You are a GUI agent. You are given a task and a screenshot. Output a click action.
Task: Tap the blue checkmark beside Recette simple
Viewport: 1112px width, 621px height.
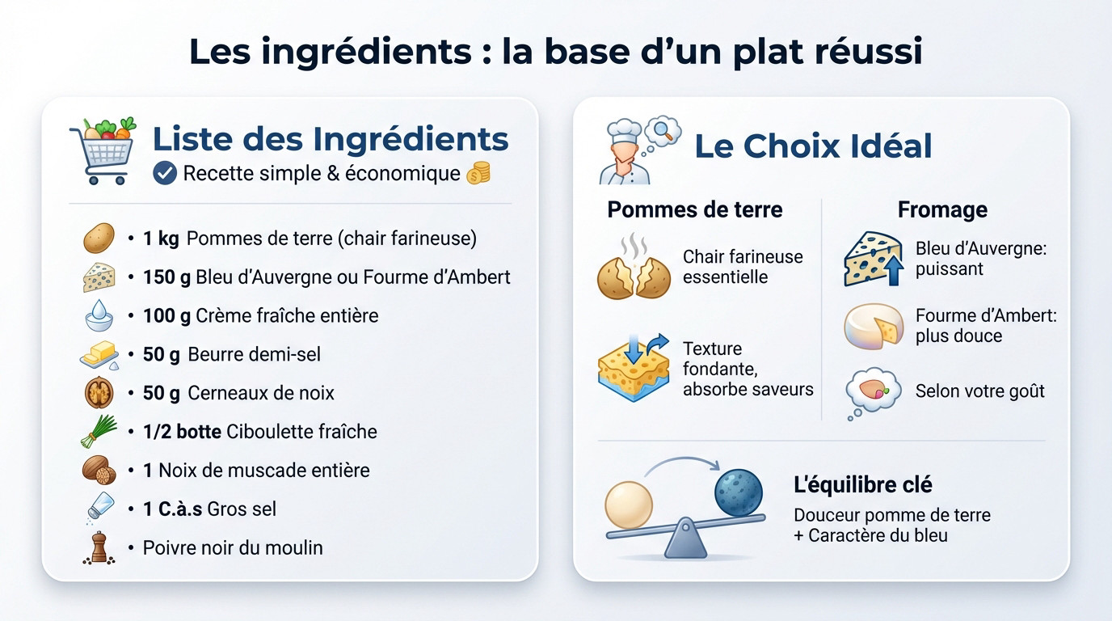165,173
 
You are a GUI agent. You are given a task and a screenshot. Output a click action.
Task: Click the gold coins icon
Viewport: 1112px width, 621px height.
479,173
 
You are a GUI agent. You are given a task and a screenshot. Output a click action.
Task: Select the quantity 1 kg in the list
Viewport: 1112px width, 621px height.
161,239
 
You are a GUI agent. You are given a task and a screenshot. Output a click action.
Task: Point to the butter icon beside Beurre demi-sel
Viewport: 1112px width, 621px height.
99,354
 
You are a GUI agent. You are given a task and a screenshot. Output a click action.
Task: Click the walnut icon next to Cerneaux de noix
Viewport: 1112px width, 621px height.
99,393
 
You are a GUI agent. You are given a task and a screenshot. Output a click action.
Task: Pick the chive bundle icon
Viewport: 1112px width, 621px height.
99,431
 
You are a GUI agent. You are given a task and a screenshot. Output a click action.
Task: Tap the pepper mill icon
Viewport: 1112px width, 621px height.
99,547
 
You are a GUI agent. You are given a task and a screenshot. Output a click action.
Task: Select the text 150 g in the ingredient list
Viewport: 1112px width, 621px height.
166,277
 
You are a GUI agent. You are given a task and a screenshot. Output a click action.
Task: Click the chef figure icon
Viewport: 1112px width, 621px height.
624,151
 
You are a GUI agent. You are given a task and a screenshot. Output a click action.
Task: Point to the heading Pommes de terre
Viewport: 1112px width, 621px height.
695,209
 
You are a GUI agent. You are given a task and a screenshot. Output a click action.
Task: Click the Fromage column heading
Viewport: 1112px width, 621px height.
942,209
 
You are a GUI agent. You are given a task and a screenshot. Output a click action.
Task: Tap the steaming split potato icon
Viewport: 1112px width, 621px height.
634,268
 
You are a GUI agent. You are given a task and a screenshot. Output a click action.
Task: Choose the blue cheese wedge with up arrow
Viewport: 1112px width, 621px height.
873,259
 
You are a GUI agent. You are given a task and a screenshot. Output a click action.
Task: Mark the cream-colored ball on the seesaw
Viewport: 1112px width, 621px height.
629,505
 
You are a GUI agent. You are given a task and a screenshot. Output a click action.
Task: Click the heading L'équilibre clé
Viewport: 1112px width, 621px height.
863,485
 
